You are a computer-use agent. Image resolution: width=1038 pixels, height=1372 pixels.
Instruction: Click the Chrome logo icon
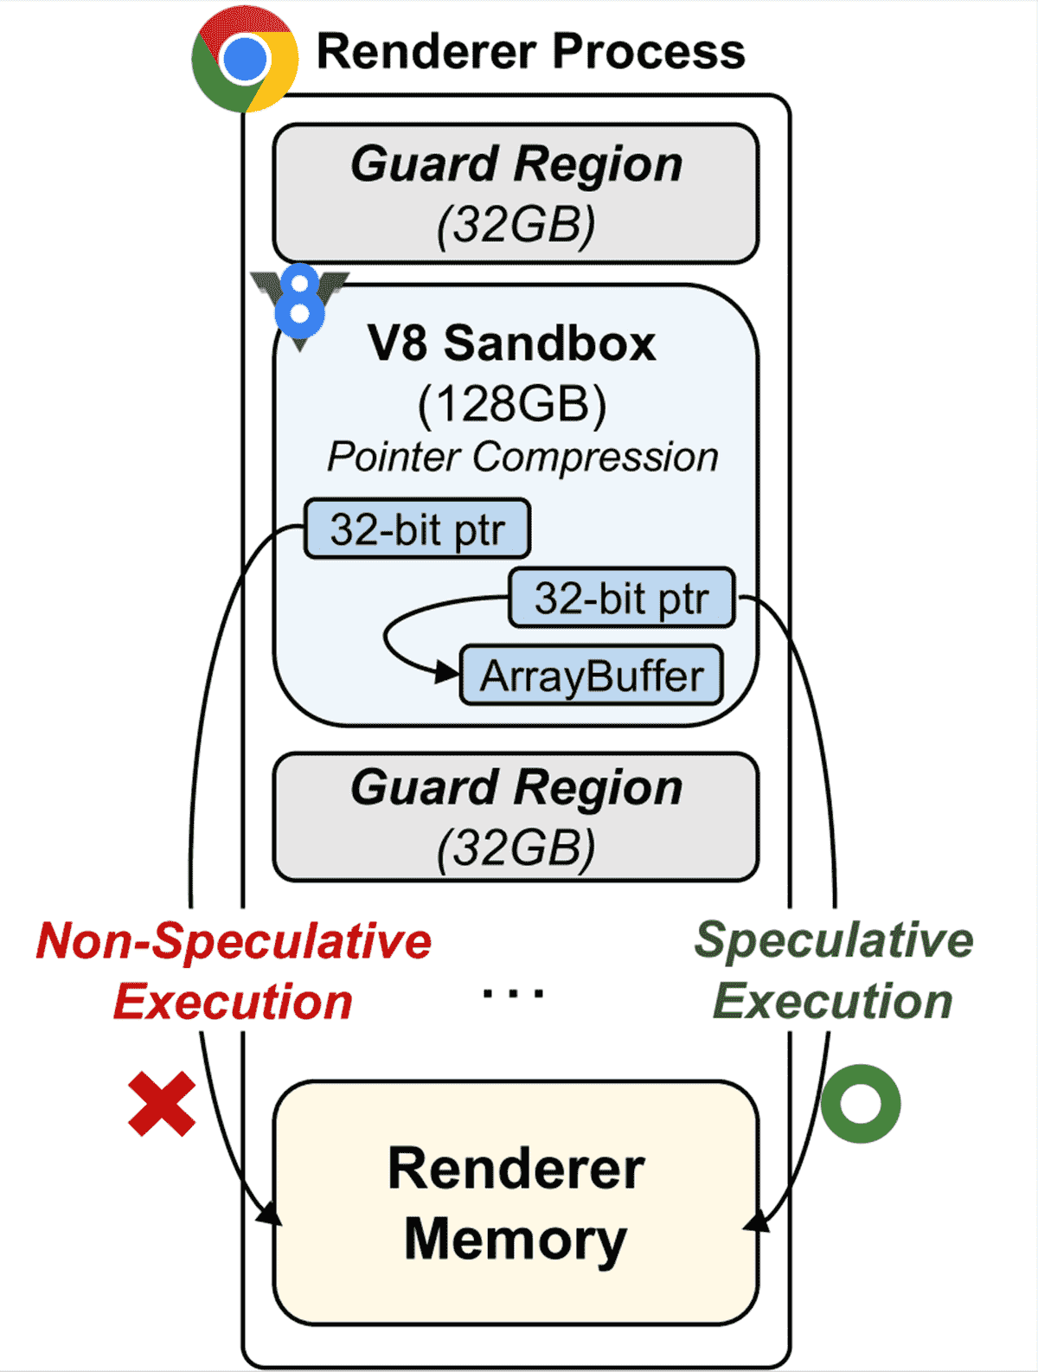[245, 59]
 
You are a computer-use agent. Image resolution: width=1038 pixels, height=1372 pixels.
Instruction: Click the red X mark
[162, 1104]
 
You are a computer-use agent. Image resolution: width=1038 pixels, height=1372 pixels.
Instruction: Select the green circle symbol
[861, 1103]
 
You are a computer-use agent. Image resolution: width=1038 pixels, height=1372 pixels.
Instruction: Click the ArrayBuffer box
[592, 676]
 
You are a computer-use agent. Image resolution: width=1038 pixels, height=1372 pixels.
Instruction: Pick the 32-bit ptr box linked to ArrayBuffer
[621, 598]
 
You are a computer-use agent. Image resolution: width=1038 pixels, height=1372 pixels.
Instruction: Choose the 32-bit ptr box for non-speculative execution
[417, 529]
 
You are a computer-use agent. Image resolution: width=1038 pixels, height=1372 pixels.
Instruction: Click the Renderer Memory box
[516, 1202]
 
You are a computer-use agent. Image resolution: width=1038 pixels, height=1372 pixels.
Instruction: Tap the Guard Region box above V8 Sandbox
[516, 194]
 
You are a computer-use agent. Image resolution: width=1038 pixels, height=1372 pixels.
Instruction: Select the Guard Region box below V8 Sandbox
[516, 817]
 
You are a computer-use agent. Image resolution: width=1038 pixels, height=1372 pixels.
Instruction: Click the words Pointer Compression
[522, 457]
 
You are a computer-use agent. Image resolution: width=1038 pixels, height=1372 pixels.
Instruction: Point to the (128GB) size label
[512, 403]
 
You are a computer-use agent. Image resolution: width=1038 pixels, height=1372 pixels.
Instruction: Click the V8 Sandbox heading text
[512, 343]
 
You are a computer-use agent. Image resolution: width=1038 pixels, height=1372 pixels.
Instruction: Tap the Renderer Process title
[530, 51]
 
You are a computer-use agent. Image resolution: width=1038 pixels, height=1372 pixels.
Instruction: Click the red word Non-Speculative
[234, 941]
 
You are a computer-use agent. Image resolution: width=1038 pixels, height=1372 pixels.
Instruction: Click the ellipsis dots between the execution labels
[513, 993]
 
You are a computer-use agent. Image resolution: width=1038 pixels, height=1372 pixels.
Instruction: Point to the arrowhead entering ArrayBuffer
[448, 672]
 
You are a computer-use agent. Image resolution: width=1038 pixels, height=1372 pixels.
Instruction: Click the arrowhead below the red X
[272, 1215]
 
